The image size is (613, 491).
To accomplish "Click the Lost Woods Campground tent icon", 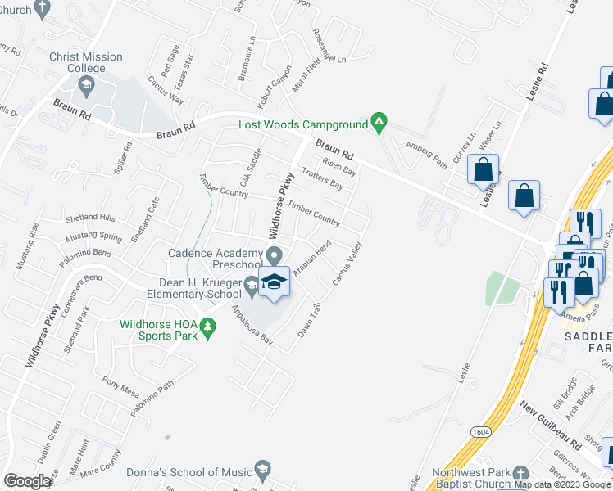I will point(379,124).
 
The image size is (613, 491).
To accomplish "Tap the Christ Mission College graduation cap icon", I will point(85,83).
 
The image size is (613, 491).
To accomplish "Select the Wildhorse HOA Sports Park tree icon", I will point(210,328).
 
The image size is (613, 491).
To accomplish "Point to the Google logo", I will point(28,480).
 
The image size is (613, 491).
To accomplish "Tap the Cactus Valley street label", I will point(347,263).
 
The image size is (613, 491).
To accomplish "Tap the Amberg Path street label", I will point(427,155).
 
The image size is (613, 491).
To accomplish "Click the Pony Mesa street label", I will point(121,385).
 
